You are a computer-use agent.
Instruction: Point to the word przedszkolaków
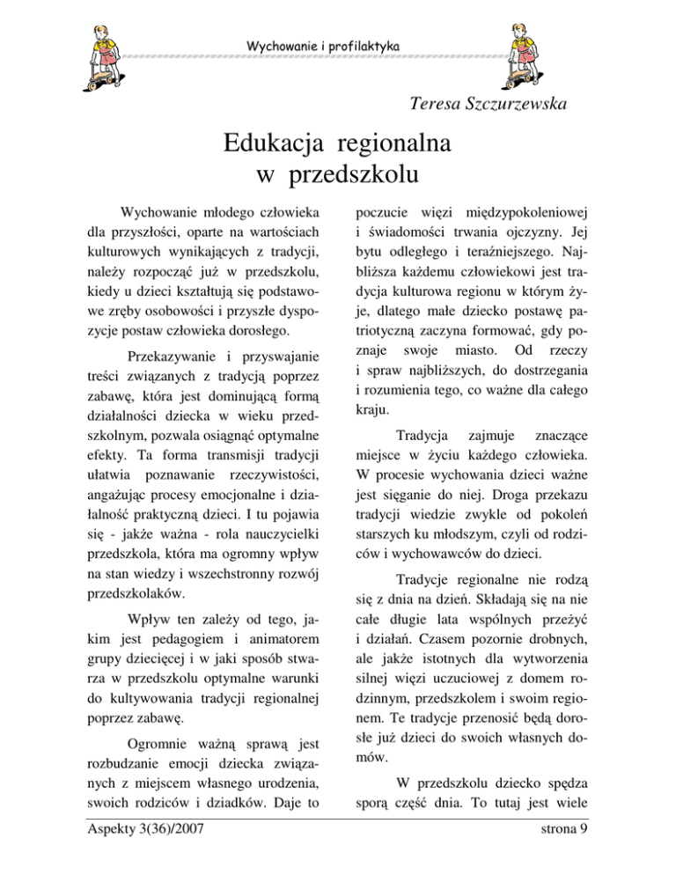136,593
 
